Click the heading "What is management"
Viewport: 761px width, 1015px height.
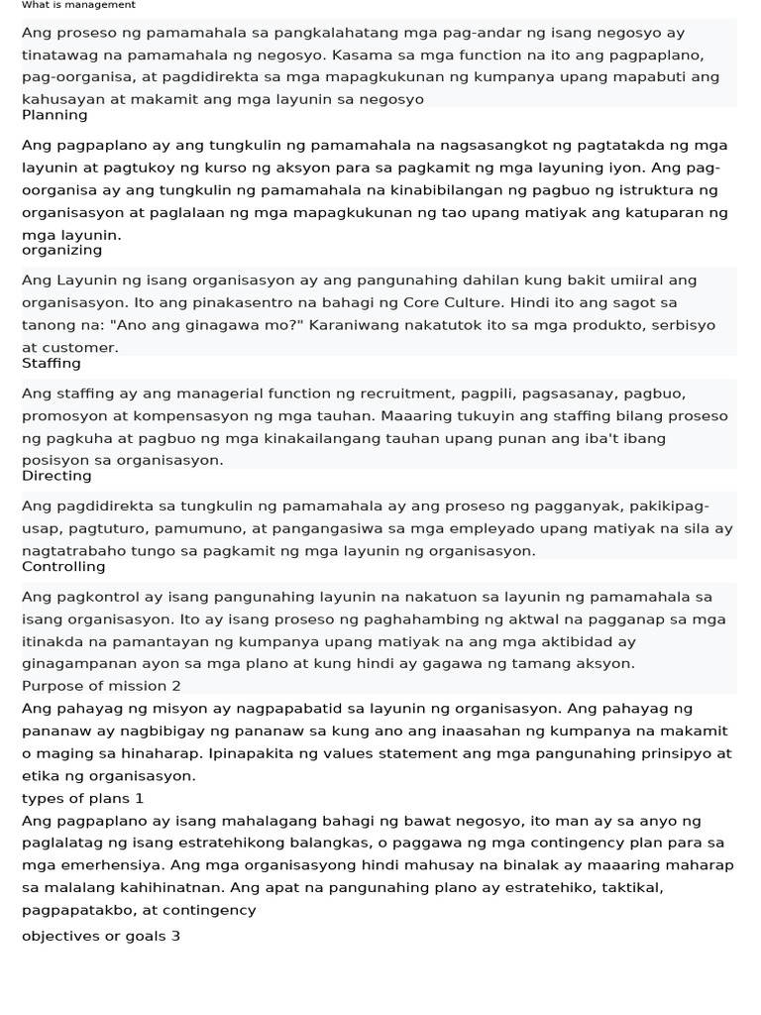point(78,5)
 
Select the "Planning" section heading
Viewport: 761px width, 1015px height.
point(54,115)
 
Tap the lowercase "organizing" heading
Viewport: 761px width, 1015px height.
point(61,251)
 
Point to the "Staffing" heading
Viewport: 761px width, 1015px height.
point(52,364)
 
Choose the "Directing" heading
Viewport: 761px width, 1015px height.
point(56,476)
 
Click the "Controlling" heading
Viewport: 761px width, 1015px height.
point(63,567)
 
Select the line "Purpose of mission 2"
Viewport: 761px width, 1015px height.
point(101,686)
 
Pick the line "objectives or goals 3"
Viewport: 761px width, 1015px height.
point(101,936)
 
